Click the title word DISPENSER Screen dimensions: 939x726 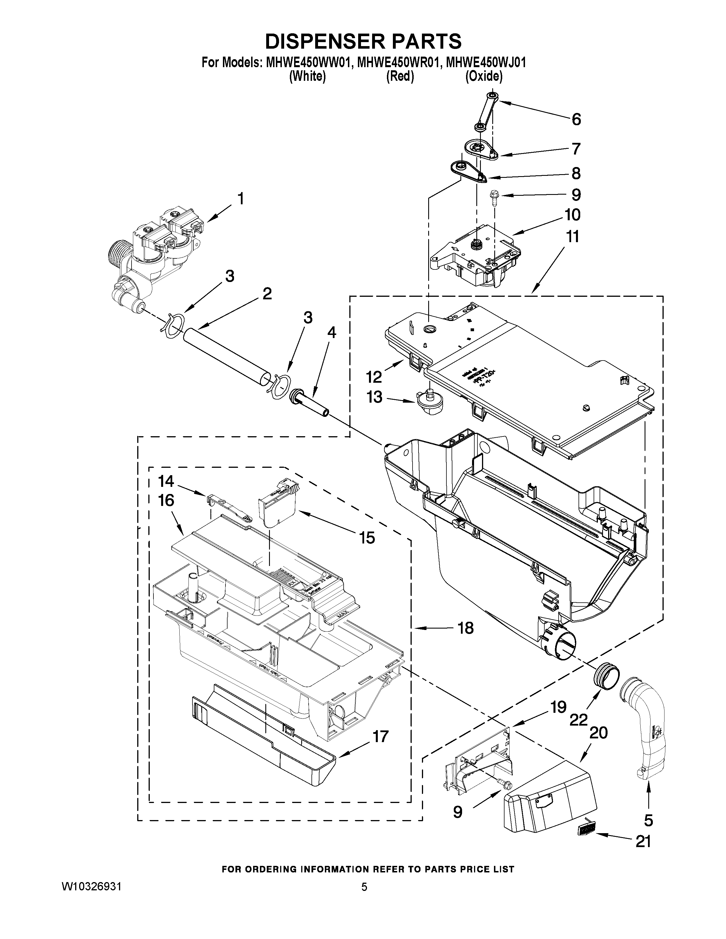[x=323, y=42]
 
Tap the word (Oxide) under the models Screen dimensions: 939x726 [x=484, y=77]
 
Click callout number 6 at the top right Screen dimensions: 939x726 [x=576, y=119]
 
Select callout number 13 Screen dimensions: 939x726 [x=374, y=397]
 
